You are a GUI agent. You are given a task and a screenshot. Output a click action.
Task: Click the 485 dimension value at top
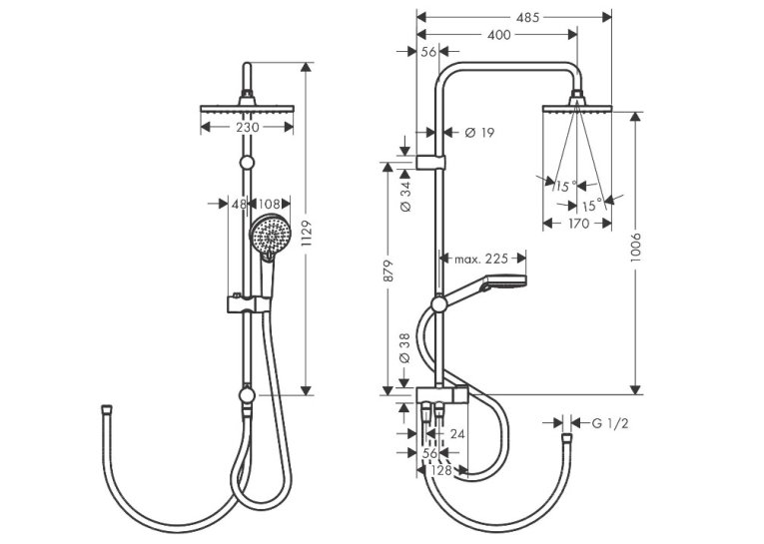528,18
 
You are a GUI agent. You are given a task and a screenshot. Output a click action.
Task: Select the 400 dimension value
499,35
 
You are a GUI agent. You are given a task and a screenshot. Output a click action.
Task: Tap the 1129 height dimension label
307,234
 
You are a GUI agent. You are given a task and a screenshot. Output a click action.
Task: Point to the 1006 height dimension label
636,249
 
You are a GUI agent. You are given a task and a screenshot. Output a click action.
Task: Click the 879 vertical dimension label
388,271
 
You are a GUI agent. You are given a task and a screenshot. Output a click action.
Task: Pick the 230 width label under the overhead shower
248,127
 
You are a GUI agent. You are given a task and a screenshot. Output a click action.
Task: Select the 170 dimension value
578,224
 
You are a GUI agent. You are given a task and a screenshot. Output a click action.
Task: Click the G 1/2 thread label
610,423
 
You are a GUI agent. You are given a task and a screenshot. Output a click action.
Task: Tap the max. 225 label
481,259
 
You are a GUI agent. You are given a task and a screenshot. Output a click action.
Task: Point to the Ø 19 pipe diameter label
479,132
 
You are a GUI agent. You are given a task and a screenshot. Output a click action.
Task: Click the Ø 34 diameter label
405,195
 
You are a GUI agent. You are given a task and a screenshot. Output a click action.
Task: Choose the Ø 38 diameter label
405,348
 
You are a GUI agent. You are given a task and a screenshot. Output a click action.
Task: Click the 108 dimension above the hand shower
269,204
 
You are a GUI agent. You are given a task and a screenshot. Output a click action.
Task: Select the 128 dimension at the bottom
441,470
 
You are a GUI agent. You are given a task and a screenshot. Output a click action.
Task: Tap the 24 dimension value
457,433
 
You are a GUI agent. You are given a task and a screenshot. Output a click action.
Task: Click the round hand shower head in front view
269,237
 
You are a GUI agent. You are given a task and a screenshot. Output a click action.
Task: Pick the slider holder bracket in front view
248,303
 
